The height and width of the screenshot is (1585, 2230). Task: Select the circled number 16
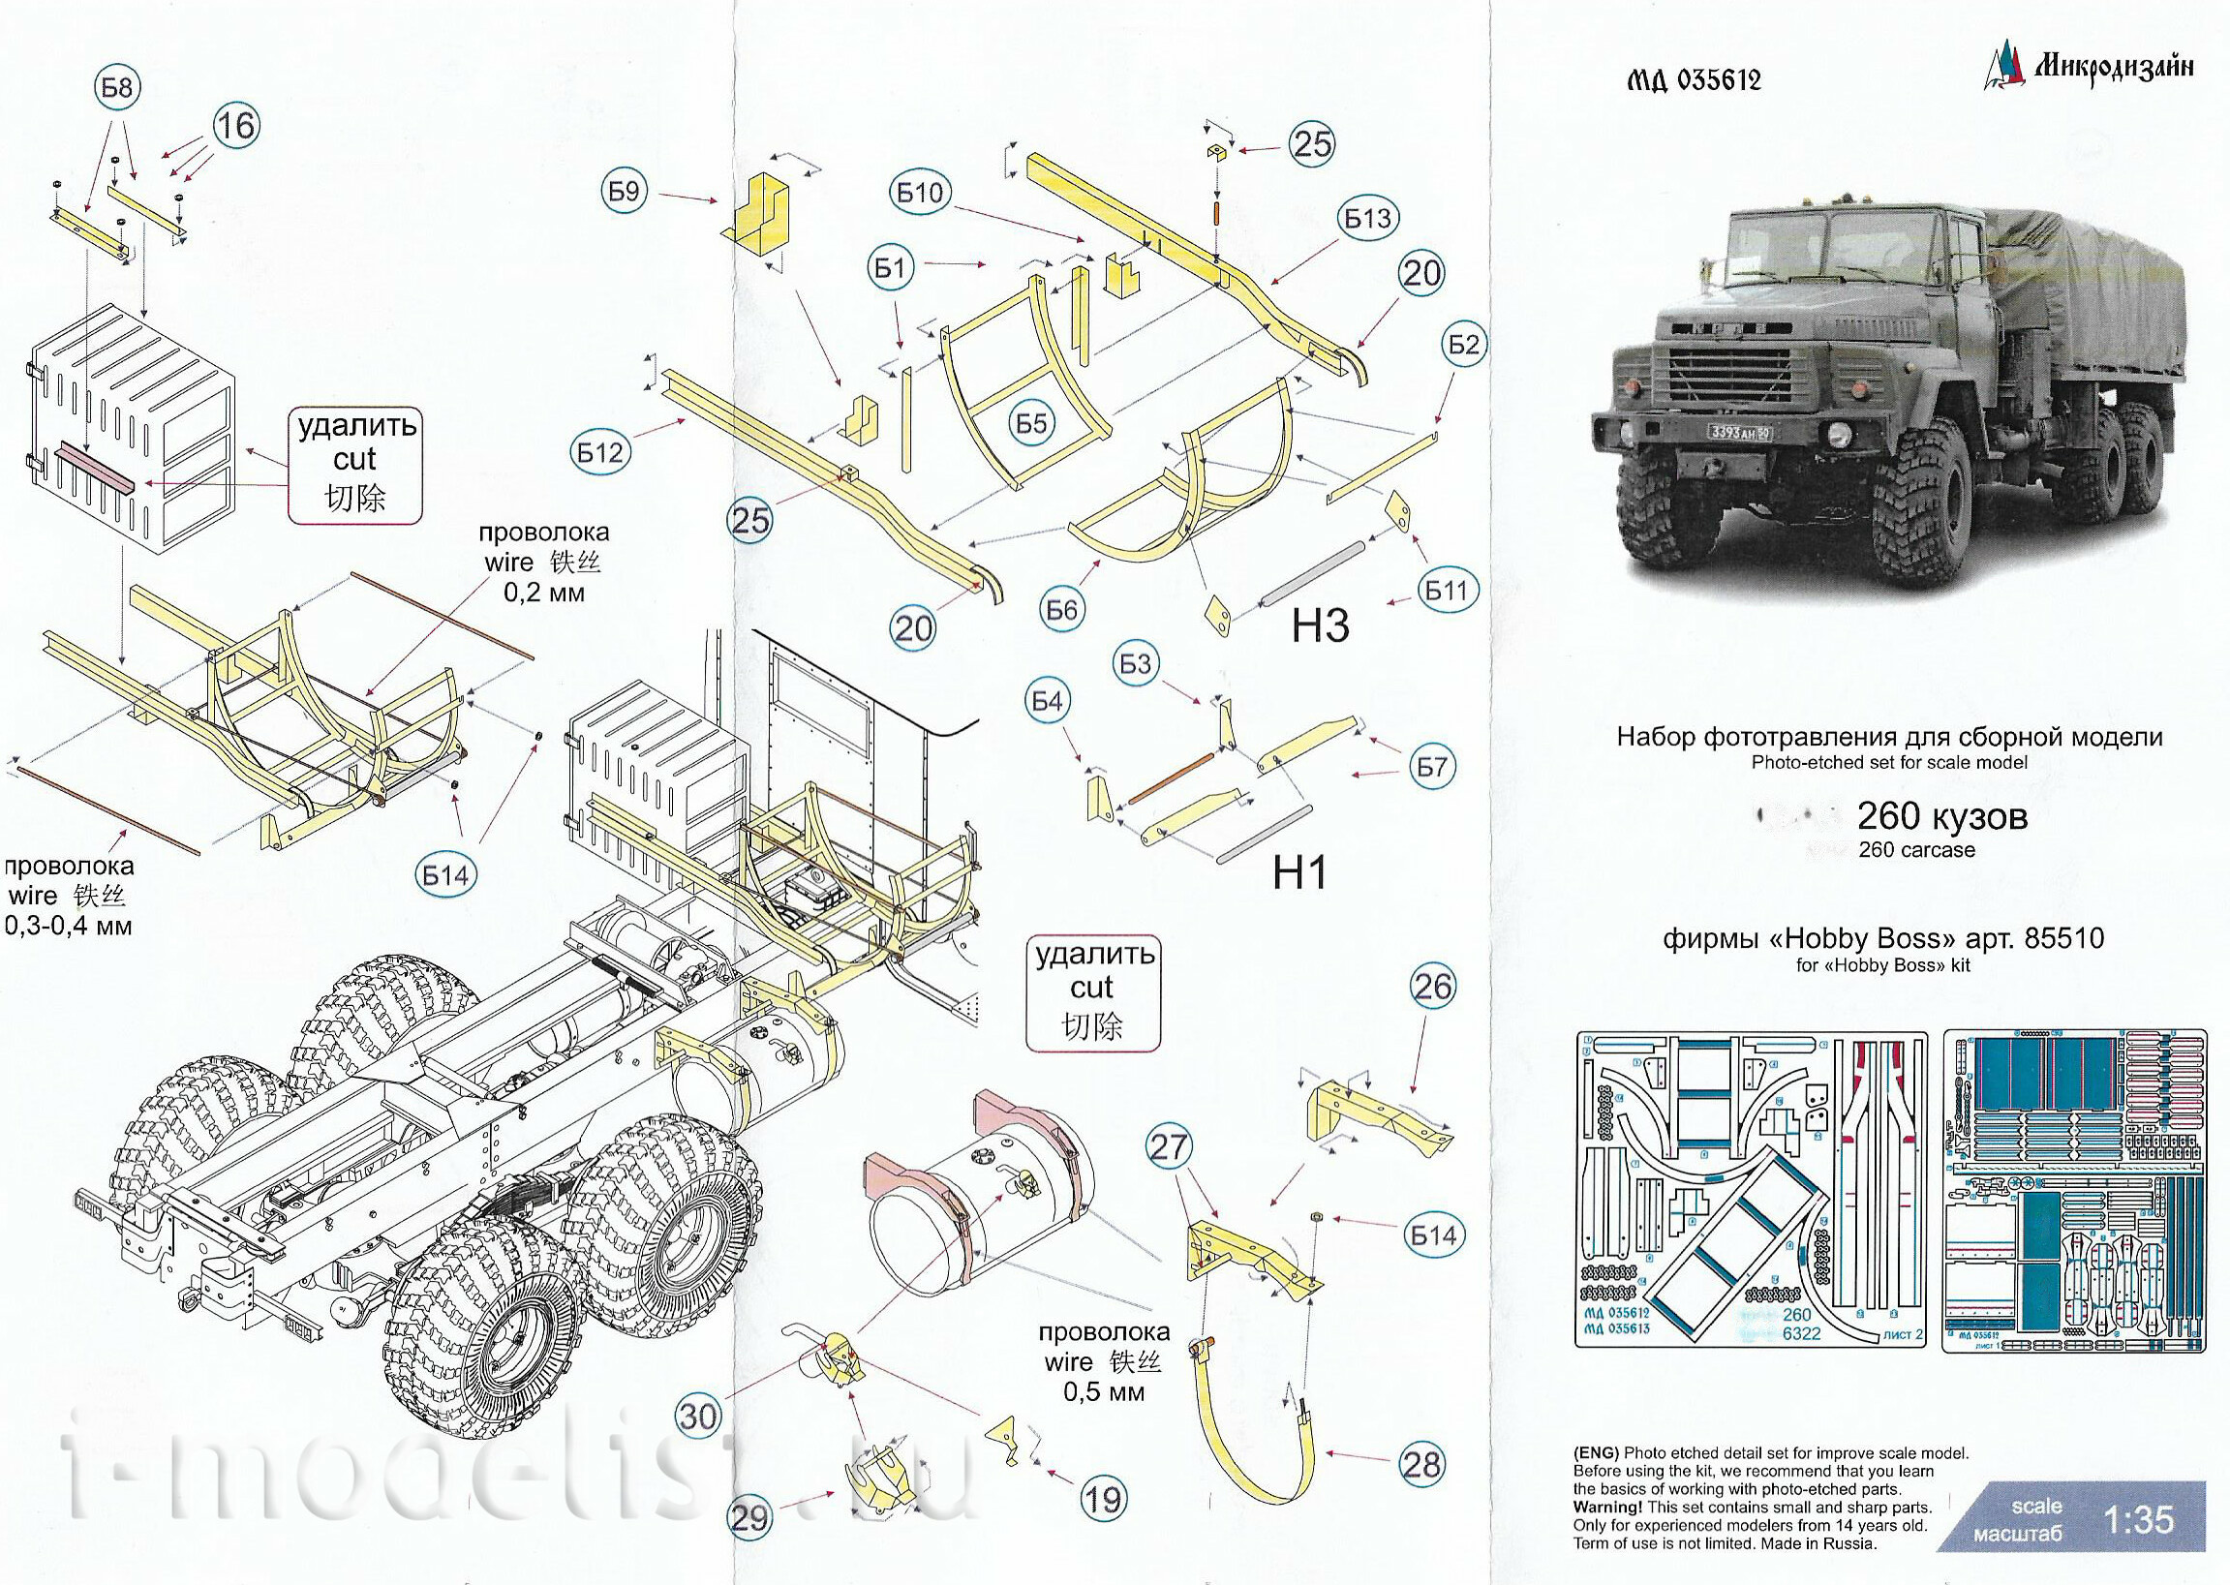point(235,126)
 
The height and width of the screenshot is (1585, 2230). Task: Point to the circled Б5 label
point(1030,422)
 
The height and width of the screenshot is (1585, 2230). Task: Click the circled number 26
point(1432,987)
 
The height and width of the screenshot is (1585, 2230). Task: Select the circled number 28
point(1420,1464)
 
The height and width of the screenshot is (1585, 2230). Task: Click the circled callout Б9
point(624,192)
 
